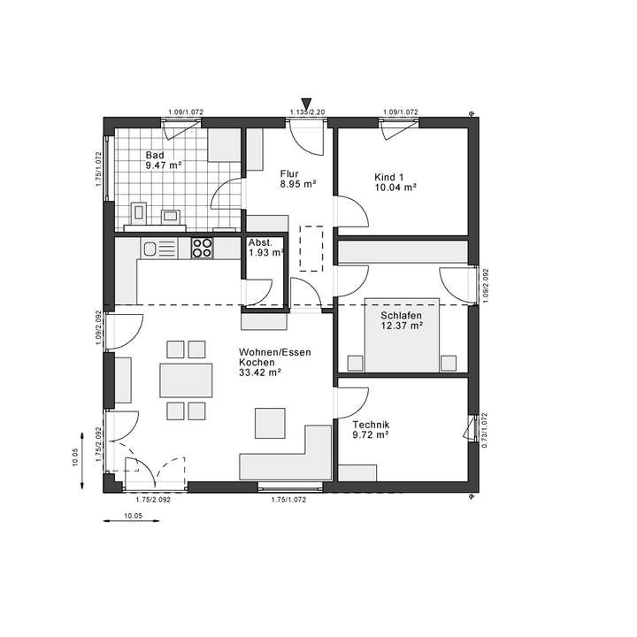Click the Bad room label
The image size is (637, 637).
pos(155,155)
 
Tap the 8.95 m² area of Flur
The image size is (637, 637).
pos(298,185)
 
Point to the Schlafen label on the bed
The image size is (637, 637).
pos(402,316)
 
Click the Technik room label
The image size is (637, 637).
pos(370,424)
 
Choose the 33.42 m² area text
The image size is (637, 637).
pos(259,373)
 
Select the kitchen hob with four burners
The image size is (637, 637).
pos(202,249)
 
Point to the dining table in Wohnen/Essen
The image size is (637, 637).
pos(186,380)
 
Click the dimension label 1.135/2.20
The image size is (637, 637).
pos(307,112)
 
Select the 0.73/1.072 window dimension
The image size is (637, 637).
pos(484,432)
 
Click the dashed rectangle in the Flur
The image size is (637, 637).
pos(312,246)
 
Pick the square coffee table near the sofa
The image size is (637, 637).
pos(270,421)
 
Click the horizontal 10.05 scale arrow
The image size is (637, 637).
pos(133,522)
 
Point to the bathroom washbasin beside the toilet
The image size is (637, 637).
pos(171,213)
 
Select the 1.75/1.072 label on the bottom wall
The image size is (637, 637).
pos(288,501)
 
